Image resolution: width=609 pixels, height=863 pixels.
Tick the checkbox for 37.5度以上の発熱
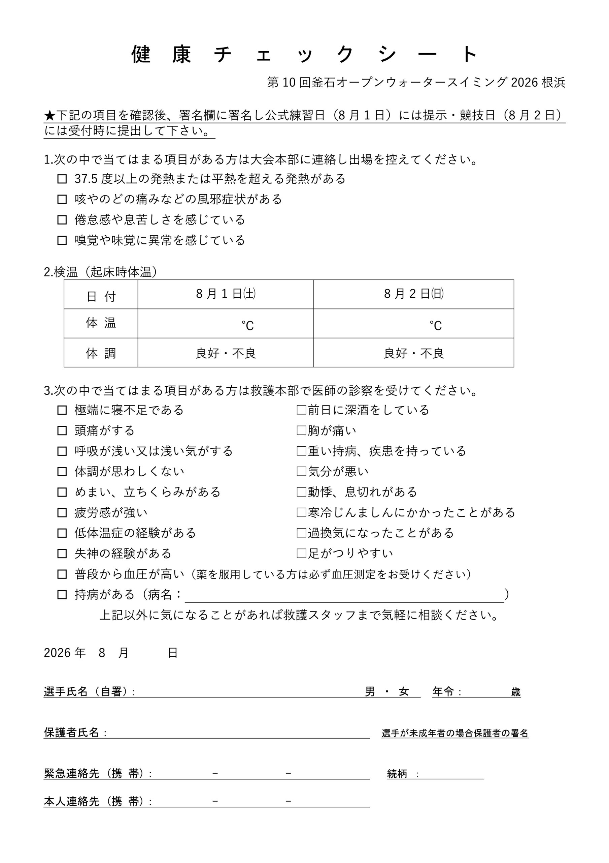62,179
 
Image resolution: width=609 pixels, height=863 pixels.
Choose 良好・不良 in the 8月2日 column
413,353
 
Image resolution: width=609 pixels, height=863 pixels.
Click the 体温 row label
101,323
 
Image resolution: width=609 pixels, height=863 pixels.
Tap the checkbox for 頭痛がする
62,431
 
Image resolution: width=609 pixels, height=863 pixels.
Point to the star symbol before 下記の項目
49,115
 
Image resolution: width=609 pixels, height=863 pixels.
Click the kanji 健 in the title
141,55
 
